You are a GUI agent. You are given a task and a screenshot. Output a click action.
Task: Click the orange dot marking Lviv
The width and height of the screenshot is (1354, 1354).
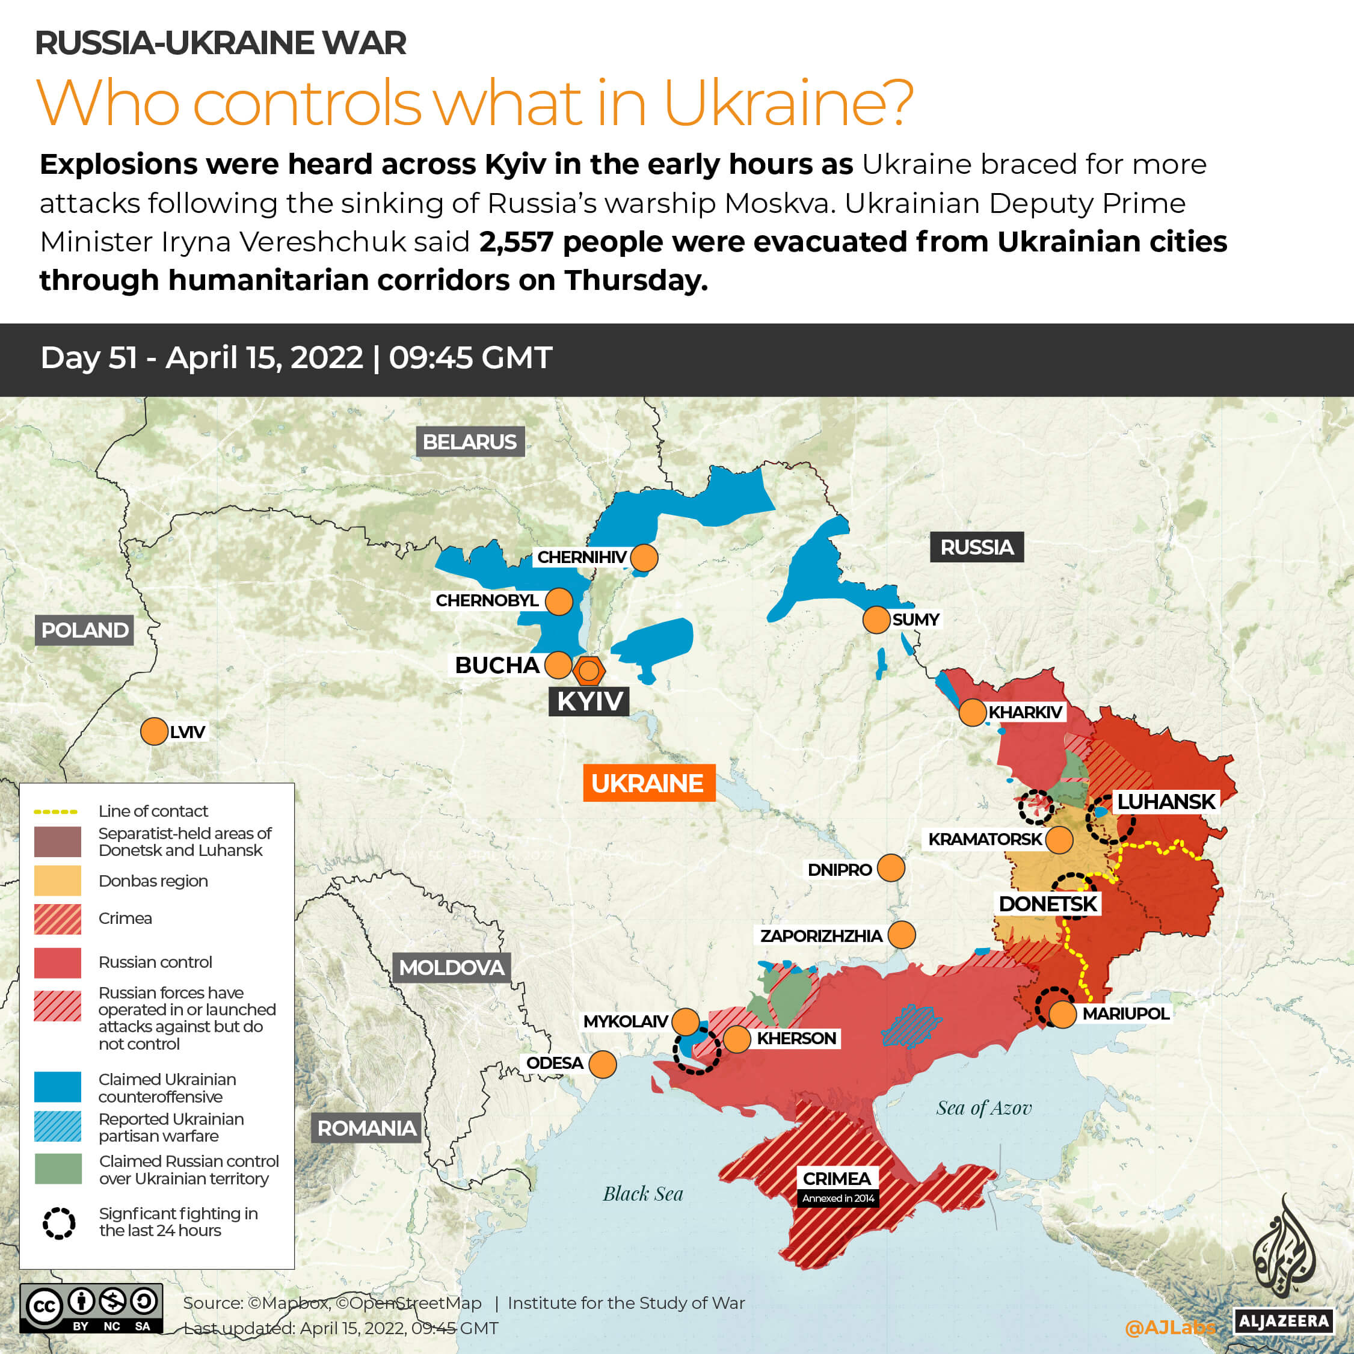coord(154,731)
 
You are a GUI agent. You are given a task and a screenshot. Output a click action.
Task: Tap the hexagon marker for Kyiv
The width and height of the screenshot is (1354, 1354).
coord(589,671)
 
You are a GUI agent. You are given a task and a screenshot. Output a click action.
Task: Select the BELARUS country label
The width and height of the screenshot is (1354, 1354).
coord(470,442)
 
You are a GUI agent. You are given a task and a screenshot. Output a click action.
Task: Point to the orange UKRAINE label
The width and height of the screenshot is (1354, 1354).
coord(648,783)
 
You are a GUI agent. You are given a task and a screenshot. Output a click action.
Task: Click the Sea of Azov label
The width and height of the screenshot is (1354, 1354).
coord(983,1108)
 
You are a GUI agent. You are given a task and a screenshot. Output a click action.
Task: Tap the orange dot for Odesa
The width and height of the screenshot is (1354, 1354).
coord(603,1064)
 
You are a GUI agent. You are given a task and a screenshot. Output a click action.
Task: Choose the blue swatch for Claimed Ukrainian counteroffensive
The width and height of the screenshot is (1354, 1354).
coord(58,1087)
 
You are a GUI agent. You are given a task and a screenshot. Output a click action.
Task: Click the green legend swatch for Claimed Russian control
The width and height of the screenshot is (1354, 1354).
coord(58,1169)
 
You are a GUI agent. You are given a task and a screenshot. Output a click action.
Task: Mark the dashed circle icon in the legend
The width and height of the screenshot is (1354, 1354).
coord(59,1223)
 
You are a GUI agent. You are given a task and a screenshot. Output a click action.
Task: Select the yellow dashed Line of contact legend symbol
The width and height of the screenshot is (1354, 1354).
coord(56,811)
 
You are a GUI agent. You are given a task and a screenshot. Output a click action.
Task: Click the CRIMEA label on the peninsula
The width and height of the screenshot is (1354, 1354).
coord(837,1179)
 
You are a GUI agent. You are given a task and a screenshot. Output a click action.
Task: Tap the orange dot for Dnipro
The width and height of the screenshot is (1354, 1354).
coord(891,867)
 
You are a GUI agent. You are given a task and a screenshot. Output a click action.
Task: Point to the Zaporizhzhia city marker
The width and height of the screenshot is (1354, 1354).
coord(901,935)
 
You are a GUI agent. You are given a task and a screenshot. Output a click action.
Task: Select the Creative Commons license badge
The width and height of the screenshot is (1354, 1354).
coord(91,1308)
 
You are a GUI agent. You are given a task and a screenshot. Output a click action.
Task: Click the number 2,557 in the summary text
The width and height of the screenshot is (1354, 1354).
coord(517,242)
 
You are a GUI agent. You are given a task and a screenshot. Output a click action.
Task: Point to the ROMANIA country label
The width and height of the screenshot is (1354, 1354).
coord(366,1128)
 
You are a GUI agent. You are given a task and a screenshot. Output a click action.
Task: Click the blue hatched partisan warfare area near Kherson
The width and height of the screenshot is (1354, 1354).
coord(911,1026)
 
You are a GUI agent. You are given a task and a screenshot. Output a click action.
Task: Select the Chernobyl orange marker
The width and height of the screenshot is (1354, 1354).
coord(559,602)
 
